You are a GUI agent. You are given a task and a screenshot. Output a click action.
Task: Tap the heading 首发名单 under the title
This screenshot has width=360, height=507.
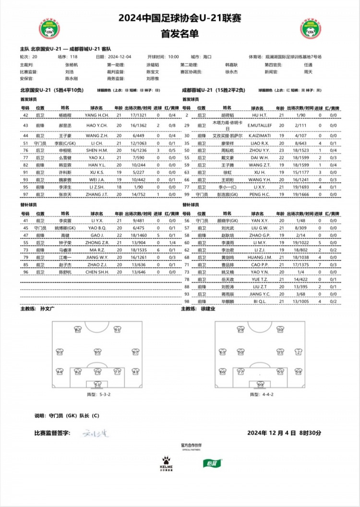180,35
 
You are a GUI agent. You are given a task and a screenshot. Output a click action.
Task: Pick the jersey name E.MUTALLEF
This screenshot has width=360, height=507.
260,125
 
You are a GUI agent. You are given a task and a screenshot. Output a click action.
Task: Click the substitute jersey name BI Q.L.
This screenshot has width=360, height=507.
260,301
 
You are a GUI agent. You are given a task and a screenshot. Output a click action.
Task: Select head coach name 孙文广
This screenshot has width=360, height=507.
48,309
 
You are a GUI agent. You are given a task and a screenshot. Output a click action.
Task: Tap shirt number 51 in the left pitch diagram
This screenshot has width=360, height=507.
97,385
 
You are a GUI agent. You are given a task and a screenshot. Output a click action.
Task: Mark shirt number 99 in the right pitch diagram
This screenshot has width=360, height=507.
261,385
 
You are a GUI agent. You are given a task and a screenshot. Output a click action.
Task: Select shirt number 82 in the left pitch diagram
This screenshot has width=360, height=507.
78,330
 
